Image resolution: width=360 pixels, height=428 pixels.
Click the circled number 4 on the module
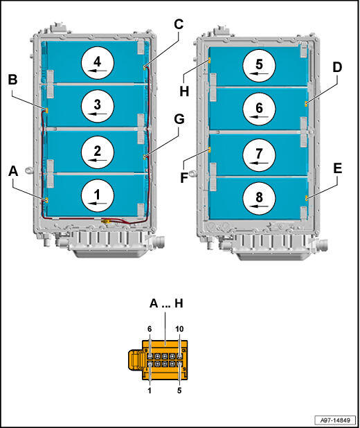98,63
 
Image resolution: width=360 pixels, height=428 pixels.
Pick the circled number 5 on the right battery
259,66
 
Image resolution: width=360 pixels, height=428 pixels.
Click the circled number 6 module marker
259,109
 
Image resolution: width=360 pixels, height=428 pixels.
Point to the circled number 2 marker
98,152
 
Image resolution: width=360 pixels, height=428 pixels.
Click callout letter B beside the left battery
12,80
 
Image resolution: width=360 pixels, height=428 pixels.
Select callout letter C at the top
179,24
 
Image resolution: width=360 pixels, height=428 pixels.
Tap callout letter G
179,119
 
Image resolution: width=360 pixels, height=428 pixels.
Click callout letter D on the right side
337,67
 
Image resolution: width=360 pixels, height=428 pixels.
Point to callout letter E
338,168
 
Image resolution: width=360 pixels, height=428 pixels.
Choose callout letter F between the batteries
185,177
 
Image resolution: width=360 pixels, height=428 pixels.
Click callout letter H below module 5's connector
185,91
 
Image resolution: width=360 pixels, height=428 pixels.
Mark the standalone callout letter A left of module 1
13,172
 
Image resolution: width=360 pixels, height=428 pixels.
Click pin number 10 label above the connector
179,329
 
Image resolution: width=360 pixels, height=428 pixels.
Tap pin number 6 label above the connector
150,329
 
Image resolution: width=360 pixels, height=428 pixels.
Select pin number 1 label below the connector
150,391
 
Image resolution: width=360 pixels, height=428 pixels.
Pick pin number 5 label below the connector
179,391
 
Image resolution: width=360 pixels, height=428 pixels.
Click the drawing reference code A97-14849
335,420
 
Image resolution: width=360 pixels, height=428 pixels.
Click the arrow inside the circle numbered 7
259,163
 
